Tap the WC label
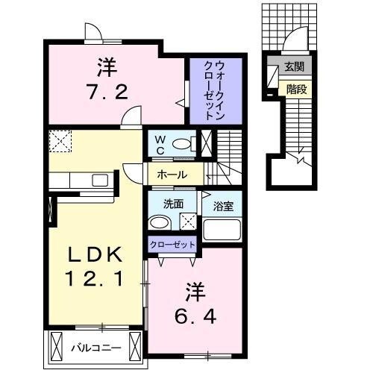159,143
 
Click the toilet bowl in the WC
182,144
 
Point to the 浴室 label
222,204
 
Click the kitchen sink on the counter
98,180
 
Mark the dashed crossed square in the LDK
59,141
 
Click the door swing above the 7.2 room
93,32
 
